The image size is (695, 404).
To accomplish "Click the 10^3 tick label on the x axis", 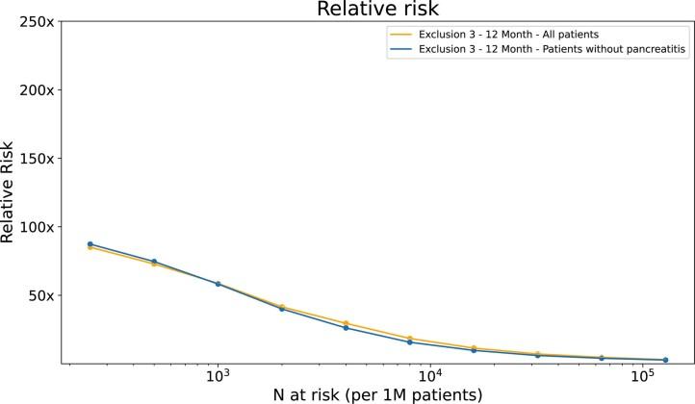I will click(218, 375).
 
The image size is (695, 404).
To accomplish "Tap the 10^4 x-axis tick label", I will click(430, 375).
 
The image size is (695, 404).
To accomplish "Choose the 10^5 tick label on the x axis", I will click(643, 375).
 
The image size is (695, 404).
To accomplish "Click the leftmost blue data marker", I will click(90, 244).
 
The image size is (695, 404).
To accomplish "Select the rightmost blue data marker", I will click(665, 360).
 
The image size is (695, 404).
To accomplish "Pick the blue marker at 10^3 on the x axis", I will click(218, 284).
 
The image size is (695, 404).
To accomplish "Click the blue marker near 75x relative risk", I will click(154, 262).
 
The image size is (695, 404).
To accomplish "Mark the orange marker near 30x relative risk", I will click(346, 323).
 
